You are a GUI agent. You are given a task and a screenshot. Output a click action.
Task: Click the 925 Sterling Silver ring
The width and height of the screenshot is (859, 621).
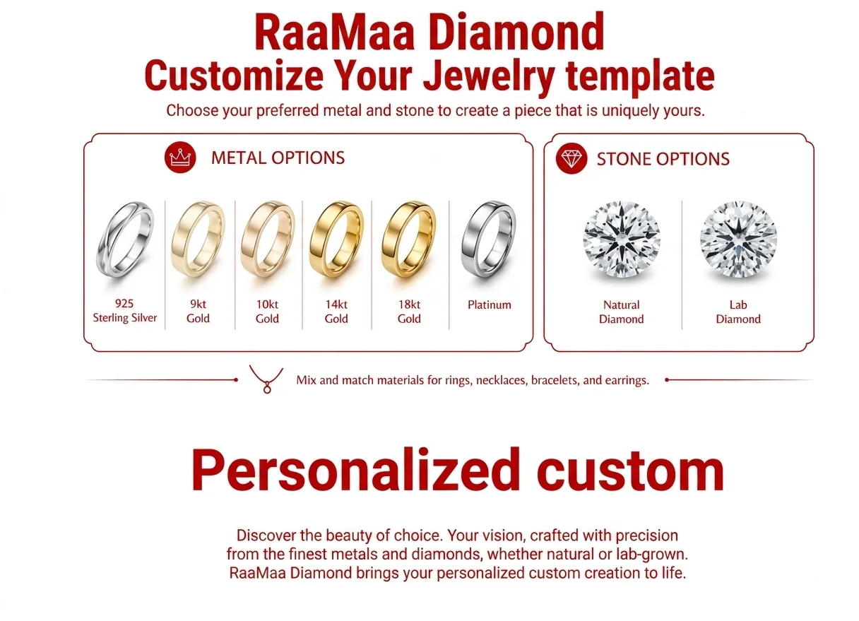coord(102,245)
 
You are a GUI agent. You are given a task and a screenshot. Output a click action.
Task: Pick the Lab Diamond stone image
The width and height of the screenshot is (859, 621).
coord(738,239)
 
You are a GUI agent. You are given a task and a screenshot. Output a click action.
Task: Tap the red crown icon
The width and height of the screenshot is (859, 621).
coord(180,158)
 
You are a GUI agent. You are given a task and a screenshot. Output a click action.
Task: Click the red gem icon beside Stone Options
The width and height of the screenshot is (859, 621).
coord(571,158)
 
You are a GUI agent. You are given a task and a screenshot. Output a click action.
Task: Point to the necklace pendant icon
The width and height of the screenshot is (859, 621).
coord(266,379)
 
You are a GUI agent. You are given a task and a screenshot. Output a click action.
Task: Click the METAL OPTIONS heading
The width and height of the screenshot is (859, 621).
coord(278,158)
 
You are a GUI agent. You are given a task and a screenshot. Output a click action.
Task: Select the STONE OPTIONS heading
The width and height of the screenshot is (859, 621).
coord(663,159)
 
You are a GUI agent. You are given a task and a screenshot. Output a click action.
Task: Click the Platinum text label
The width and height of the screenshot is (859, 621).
coord(490,305)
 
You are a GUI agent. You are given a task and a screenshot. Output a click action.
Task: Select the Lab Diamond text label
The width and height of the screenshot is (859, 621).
coord(738,312)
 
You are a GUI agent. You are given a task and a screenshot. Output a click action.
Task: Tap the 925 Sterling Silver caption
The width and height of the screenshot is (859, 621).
coord(124,311)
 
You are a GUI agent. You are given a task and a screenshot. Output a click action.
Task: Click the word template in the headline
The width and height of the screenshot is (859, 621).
coord(640,76)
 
